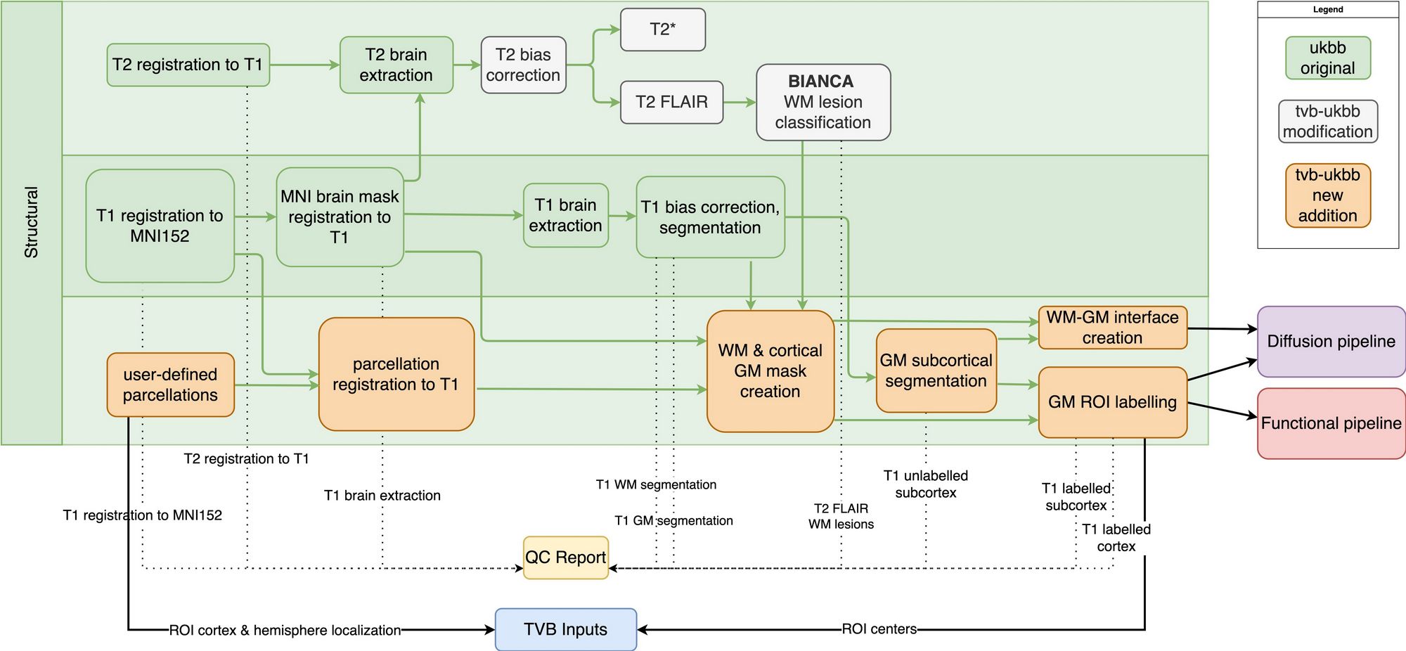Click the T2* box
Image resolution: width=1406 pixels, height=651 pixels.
(662, 30)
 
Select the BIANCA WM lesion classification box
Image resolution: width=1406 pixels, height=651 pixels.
(823, 102)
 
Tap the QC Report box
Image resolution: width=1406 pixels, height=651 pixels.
(565, 557)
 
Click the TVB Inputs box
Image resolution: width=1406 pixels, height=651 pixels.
(565, 629)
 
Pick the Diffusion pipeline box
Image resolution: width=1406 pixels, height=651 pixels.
(1330, 342)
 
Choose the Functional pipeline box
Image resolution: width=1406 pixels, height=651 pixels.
(1330, 423)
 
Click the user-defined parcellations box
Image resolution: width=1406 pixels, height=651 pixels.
(170, 385)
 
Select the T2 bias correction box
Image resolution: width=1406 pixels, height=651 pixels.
(523, 65)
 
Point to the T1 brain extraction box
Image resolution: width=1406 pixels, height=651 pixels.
(565, 215)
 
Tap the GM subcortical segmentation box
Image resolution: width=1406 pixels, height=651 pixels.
(935, 370)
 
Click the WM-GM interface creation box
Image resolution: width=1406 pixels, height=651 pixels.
(1112, 328)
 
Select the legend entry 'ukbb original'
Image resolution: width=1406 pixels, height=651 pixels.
(1327, 58)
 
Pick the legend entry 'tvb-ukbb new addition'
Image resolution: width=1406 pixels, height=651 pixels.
(1327, 195)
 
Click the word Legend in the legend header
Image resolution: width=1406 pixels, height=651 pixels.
(1327, 10)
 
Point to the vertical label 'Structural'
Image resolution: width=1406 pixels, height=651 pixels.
(32, 222)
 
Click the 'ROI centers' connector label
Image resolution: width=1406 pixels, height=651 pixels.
(879, 629)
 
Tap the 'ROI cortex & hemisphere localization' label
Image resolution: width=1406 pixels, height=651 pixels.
(285, 631)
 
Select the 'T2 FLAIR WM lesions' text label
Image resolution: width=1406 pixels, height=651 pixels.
(841, 516)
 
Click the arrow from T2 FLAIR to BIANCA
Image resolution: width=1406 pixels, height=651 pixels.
(739, 103)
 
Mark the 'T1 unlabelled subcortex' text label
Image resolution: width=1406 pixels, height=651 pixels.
(925, 484)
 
